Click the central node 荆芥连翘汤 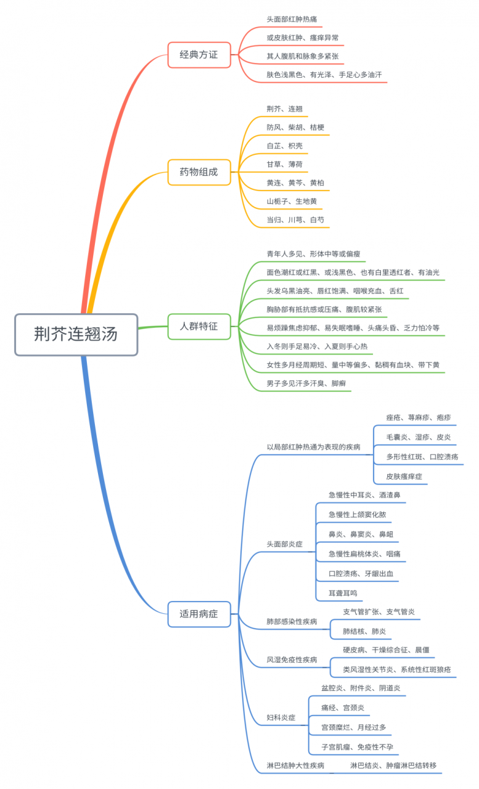click(76, 334)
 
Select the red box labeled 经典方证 click(199, 54)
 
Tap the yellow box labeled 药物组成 click(199, 171)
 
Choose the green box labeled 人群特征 click(199, 326)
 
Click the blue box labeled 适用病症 click(199, 614)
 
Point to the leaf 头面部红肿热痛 click(292, 20)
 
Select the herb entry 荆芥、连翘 click(284, 109)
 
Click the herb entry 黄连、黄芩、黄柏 click(295, 183)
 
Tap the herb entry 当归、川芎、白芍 click(295, 220)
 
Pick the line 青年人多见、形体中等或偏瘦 click(313, 254)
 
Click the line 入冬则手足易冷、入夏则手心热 click(317, 346)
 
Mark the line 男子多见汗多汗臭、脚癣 click(306, 383)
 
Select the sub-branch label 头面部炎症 click(284, 544)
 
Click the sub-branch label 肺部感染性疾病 click(292, 622)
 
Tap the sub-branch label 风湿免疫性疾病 click(292, 660)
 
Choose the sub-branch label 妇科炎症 click(280, 717)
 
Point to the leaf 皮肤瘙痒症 click(404, 476)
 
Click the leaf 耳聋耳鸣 click(343, 593)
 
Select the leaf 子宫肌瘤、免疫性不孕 click(357, 747)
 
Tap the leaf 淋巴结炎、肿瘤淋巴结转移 click(393, 766)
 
